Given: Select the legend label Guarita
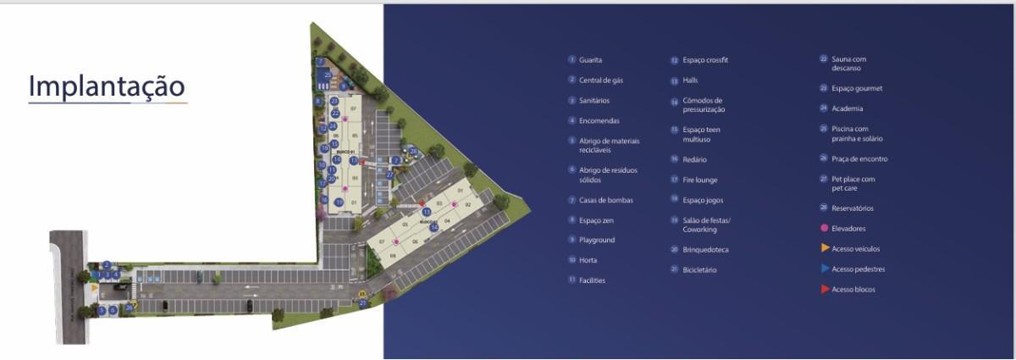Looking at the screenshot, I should (591, 60).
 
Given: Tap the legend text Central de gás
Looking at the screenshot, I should (601, 80).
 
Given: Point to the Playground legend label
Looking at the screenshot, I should (597, 241).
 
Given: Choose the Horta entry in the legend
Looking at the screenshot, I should (588, 260).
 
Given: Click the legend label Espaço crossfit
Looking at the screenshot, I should (705, 60).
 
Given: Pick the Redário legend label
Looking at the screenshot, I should (694, 159).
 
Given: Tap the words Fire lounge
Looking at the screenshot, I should (699, 180).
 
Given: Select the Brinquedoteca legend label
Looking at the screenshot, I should (705, 250).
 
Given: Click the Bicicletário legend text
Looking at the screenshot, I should (700, 270).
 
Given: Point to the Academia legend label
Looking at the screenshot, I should (848, 108).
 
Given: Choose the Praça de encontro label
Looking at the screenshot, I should (859, 158).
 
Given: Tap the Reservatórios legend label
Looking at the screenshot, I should (853, 208).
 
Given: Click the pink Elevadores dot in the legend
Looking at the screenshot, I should (824, 229).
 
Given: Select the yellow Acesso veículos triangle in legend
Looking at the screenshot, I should (825, 248).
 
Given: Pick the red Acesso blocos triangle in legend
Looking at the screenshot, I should (825, 290).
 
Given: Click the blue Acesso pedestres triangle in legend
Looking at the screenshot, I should (825, 269).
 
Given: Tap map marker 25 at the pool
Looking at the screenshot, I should (327, 75).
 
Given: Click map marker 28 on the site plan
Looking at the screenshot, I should (413, 151).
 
